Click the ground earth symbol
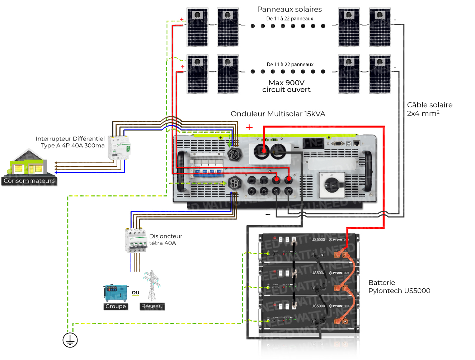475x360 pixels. (70, 340)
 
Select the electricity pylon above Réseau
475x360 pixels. (152, 285)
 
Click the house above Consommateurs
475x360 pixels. (28, 164)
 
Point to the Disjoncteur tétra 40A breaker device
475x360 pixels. (136, 240)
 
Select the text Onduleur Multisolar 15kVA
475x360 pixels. (278, 114)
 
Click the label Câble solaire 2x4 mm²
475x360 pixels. (429, 109)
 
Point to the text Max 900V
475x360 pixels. (286, 83)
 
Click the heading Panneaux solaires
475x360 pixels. (289, 9)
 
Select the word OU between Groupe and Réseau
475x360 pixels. (135, 293)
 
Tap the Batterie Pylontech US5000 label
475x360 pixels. (399, 287)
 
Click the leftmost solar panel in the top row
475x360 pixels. (197, 27)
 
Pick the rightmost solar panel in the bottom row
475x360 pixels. (380, 74)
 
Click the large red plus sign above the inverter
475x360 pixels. (249, 127)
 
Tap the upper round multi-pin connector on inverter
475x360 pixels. (234, 154)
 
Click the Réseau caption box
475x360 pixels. (152, 306)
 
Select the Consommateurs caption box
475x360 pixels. (29, 181)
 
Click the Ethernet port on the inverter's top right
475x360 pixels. (357, 143)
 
